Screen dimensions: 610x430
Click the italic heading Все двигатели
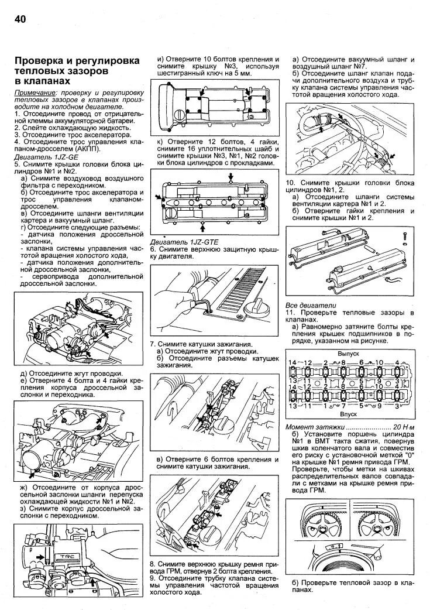pyautogui.click(x=311, y=306)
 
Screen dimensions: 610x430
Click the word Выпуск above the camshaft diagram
pyautogui.click(x=348, y=354)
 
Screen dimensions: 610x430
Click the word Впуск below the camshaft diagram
pyautogui.click(x=348, y=413)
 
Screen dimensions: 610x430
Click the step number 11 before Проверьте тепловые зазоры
pyautogui.click(x=289, y=313)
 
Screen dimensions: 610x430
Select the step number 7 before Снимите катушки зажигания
pyautogui.click(x=152, y=344)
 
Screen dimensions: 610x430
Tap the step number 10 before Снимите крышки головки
pyautogui.click(x=290, y=183)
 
